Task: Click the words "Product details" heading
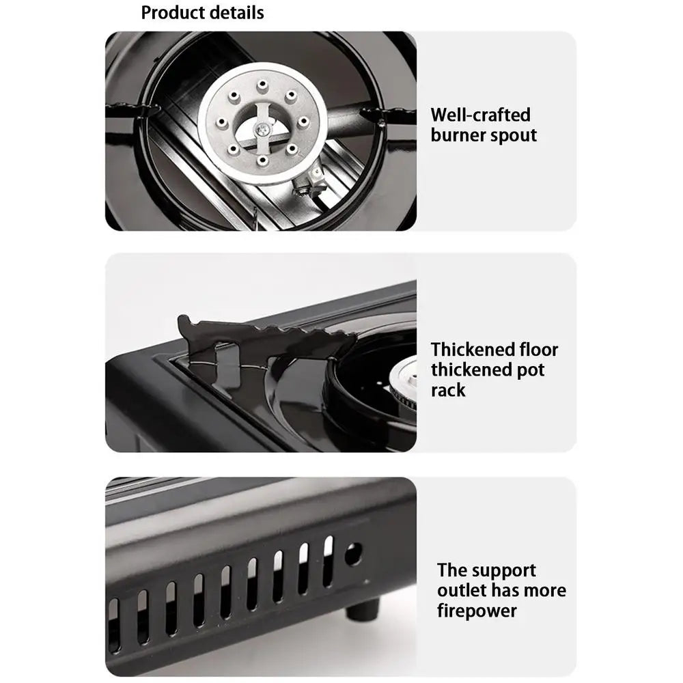click(x=202, y=12)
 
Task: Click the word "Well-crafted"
click(x=480, y=114)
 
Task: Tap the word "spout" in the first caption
click(x=513, y=135)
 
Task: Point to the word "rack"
click(x=448, y=390)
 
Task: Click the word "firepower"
click(x=477, y=611)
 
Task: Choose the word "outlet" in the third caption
click(x=461, y=590)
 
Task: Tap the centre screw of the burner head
click(x=262, y=128)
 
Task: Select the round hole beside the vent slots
click(x=352, y=554)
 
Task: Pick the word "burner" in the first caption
click(x=458, y=135)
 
